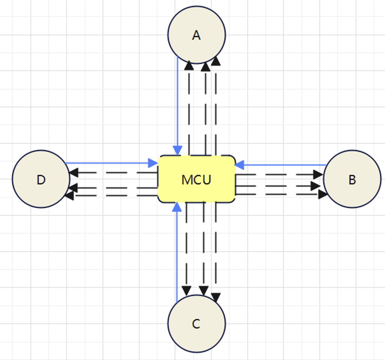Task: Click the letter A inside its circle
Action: pyautogui.click(x=196, y=35)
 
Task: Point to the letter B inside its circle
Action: pyautogui.click(x=352, y=180)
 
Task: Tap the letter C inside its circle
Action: pyautogui.click(x=196, y=324)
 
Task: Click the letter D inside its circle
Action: pyautogui.click(x=41, y=180)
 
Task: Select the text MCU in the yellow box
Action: pyautogui.click(x=196, y=180)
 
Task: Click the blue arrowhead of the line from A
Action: pyautogui.click(x=177, y=150)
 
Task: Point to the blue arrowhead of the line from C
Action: pyautogui.click(x=177, y=207)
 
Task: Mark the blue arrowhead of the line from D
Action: pyautogui.click(x=153, y=163)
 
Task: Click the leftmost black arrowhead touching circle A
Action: pyautogui.click(x=189, y=65)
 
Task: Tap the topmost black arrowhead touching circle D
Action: pyautogui.click(x=74, y=173)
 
